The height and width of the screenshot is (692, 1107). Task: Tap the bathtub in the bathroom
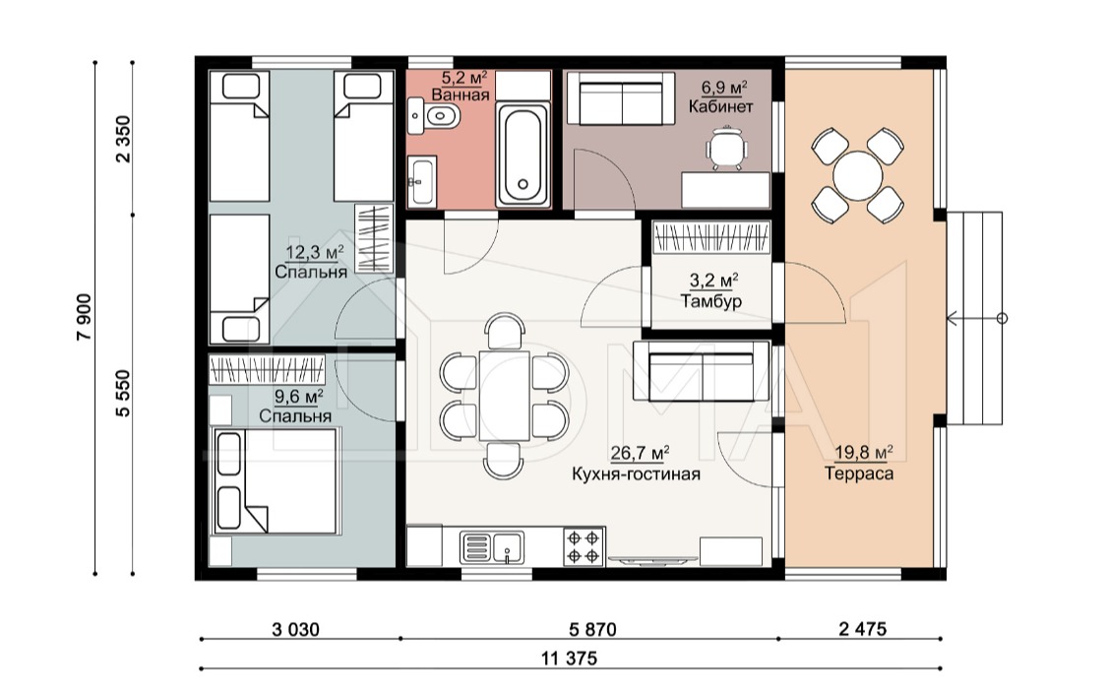click(523, 155)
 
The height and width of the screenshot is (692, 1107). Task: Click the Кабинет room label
click(721, 106)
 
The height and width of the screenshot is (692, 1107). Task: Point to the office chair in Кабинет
click(726, 148)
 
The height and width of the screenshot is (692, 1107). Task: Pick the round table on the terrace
click(857, 176)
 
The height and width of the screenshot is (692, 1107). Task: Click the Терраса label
click(858, 473)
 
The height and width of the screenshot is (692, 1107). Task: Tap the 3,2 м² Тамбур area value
click(714, 281)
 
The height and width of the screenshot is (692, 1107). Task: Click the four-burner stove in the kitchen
click(584, 547)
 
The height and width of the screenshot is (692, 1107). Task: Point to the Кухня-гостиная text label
click(636, 473)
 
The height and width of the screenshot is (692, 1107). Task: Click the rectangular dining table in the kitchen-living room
click(504, 396)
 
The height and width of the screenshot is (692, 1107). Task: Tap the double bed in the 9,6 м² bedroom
click(277, 481)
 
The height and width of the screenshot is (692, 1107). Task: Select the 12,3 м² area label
click(314, 252)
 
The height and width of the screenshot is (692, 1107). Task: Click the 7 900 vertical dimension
click(85, 317)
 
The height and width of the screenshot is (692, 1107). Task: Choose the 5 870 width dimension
click(592, 629)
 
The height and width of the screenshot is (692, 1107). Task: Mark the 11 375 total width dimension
click(569, 659)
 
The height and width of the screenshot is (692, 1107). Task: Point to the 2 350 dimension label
click(124, 139)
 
